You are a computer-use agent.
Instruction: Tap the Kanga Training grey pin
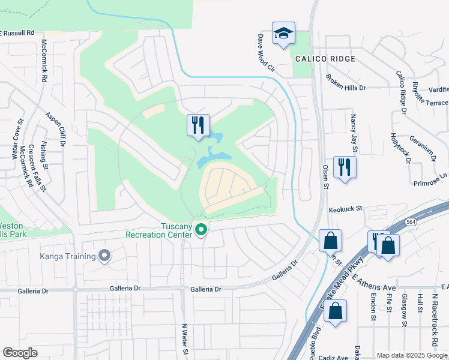click(104, 256)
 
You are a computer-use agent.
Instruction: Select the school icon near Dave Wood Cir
click(283, 34)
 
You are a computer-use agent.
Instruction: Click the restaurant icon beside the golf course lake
click(198, 125)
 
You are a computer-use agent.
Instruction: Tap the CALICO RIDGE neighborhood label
click(325, 59)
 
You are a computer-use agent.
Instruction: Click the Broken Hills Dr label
click(346, 83)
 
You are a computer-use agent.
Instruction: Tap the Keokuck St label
click(346, 209)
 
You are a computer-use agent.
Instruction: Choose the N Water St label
click(185, 339)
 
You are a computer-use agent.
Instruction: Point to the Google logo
click(20, 353)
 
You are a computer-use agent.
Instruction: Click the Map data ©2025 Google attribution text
click(411, 355)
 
